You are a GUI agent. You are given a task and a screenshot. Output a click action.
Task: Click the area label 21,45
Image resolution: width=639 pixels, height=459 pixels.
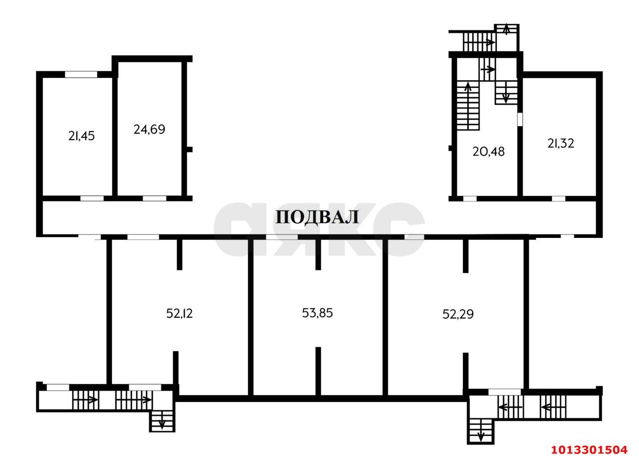[x=81, y=136]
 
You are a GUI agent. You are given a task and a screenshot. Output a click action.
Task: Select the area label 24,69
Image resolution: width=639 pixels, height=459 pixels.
[x=149, y=130]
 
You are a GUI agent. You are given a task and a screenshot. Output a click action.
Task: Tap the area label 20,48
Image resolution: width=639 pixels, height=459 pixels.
[x=488, y=152]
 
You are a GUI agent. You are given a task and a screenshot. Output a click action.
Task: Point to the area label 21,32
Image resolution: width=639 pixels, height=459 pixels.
[x=561, y=144]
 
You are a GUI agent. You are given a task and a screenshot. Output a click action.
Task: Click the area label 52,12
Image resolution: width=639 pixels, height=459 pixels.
[x=179, y=314]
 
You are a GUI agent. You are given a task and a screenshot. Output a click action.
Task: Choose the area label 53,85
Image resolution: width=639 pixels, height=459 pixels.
[x=318, y=313]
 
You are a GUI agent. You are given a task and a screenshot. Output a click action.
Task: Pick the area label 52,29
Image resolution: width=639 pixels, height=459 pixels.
[x=458, y=314]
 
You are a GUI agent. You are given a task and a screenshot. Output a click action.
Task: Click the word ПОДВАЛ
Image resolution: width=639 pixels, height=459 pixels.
[x=317, y=218]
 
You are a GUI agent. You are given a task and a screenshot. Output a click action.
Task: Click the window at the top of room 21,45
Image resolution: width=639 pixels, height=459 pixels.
[x=81, y=75]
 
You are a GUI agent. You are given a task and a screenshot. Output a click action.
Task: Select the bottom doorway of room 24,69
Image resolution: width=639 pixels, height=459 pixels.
[x=154, y=198]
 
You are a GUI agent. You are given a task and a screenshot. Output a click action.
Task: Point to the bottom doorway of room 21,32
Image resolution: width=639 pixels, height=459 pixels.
[x=558, y=199]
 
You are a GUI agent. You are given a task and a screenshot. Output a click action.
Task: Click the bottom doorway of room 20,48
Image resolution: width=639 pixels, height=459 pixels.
[x=470, y=199]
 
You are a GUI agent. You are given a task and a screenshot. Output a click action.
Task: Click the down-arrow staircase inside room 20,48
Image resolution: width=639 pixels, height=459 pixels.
[x=505, y=93]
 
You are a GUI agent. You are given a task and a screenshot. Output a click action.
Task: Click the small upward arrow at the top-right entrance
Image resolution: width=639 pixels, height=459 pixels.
[x=506, y=29]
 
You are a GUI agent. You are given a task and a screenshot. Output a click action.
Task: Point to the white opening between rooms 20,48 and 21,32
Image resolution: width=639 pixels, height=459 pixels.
[x=520, y=119]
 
